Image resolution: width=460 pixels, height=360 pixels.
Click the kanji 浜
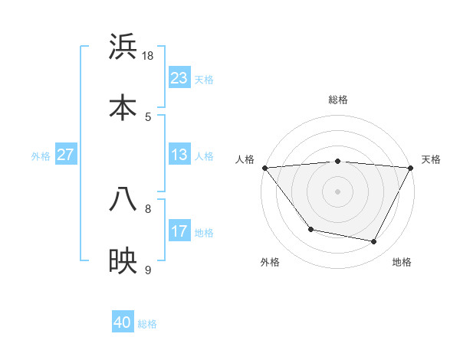123,47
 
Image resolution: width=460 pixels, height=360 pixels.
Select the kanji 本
123,107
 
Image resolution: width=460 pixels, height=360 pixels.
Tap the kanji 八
123,200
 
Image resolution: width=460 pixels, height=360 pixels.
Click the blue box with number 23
179,78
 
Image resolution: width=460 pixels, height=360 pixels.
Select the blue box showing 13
179,155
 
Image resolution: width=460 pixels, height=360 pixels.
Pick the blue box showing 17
179,231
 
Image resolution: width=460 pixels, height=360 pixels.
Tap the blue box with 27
66,155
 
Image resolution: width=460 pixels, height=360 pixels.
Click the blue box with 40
123,323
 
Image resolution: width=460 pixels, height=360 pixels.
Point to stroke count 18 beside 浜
148,56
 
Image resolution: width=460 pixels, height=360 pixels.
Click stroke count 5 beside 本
148,116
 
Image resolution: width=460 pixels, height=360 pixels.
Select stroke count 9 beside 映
148,270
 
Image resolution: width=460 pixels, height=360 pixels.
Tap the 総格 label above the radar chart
338,100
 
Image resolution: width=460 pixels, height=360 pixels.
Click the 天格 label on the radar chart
432,159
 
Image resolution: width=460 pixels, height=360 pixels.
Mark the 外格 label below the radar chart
270,262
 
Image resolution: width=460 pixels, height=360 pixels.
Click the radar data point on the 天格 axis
411,168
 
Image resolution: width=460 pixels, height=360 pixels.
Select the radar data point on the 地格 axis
374,242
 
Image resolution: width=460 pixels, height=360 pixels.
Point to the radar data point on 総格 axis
338,161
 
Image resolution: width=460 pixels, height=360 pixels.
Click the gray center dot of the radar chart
338,191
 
